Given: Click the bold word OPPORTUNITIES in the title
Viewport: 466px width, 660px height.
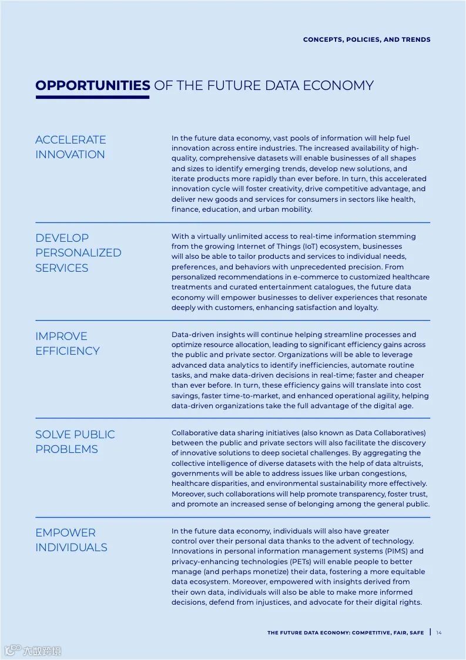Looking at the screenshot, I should coord(92,85).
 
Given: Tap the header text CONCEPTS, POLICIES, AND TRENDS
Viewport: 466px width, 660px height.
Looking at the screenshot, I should coord(367,39).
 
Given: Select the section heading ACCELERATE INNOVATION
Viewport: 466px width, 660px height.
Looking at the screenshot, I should coord(71,147).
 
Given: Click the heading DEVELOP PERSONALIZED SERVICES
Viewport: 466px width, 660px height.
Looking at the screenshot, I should coord(78,253).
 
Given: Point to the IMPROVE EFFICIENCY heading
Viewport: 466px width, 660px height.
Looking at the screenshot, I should coord(67,344).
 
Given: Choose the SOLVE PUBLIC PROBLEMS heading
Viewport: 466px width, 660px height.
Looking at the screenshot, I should coord(75,442).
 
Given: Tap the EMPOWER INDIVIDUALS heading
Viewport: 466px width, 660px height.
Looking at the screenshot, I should coord(71,540).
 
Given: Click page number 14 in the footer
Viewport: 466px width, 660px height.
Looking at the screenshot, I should coord(439,633).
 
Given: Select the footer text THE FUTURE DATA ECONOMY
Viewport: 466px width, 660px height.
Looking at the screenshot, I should coord(309,633).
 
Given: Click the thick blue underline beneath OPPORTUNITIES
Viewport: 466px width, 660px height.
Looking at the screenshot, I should coord(92,97).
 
